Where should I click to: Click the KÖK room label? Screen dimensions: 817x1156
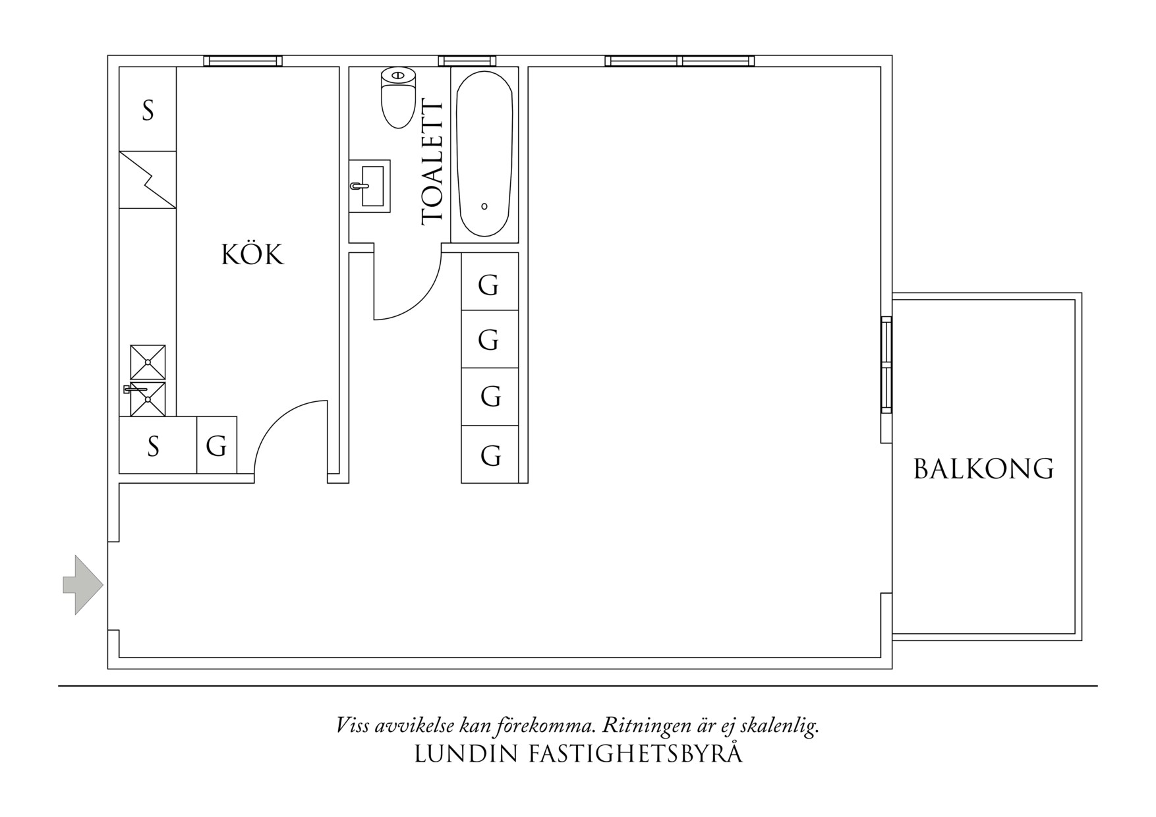[252, 255]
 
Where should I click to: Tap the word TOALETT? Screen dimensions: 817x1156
[433, 162]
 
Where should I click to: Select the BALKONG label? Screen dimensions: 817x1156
[983, 469]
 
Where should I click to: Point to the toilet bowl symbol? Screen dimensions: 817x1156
[398, 99]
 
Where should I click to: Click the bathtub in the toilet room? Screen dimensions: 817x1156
[484, 154]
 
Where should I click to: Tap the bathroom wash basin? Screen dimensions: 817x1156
[370, 186]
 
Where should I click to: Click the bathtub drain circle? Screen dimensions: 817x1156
[484, 206]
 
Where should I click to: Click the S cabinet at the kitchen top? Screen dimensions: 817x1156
[148, 109]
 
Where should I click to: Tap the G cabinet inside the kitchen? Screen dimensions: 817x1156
[217, 445]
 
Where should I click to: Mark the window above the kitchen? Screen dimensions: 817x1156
[243, 61]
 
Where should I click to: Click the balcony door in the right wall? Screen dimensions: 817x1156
[886, 364]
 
